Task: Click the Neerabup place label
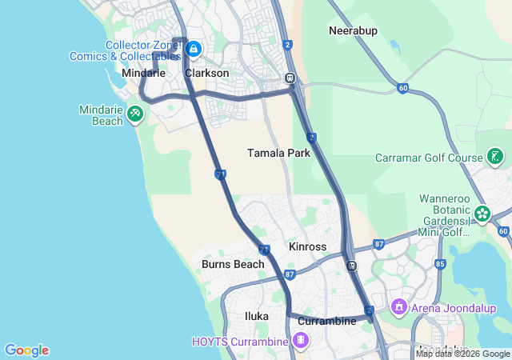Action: pos(353,30)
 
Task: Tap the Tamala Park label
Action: pos(278,153)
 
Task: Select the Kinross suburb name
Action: pos(307,247)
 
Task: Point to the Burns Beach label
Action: pos(233,264)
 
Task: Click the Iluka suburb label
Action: pos(257,316)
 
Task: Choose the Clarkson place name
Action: pos(206,73)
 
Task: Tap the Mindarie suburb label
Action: pos(143,73)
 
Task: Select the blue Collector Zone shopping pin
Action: pos(193,50)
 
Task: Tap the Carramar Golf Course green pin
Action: pos(495,157)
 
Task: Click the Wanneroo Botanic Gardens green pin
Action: pos(482,214)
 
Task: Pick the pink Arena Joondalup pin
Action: pos(398,306)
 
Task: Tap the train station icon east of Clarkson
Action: pos(290,79)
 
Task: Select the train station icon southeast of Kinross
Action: pos(351,266)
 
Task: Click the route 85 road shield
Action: pos(440,263)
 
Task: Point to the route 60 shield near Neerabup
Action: pos(402,86)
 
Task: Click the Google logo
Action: pos(26,350)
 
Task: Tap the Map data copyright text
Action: pos(462,354)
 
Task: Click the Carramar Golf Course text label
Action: pos(429,158)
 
